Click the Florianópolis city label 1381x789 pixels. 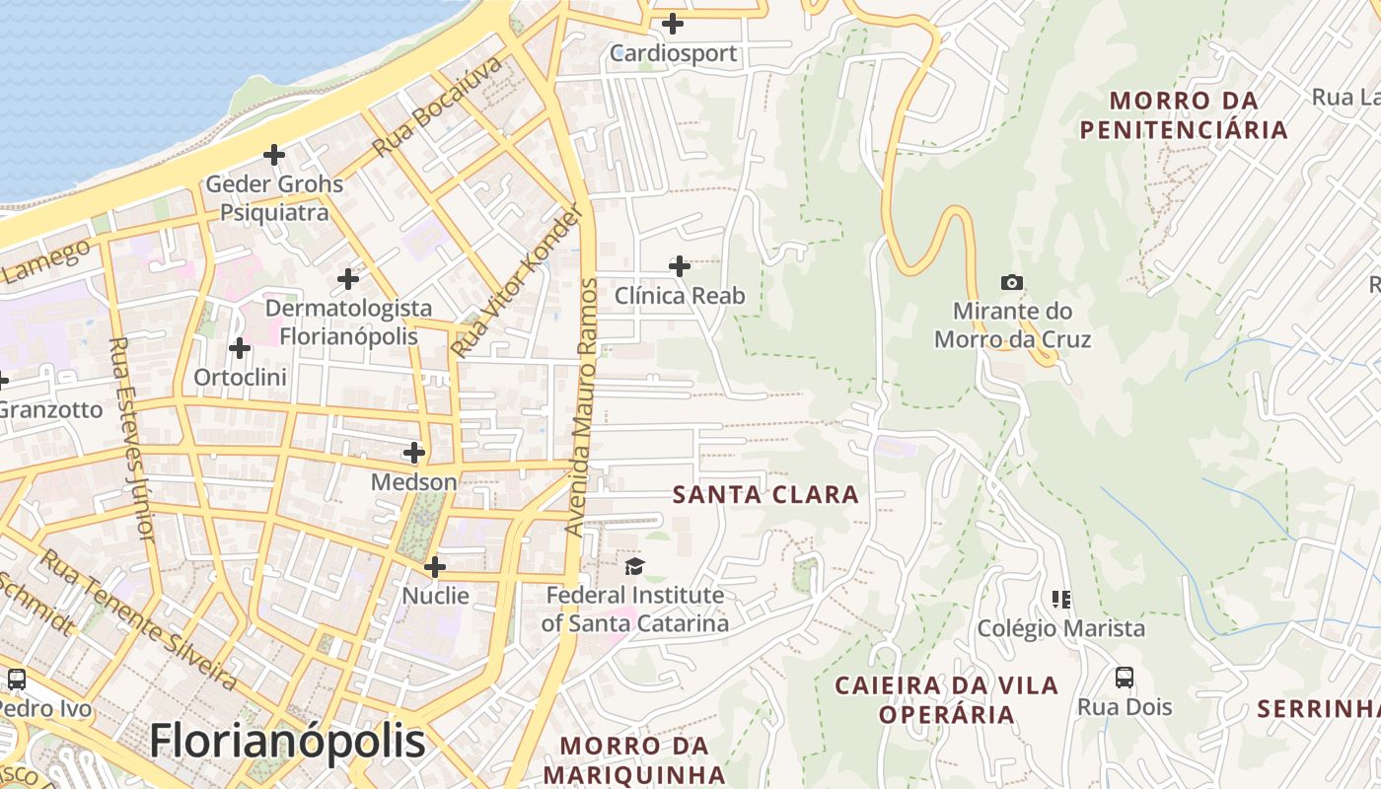287,742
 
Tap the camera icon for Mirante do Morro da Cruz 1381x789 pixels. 1011,283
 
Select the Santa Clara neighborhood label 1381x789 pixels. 765,495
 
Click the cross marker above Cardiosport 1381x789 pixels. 673,24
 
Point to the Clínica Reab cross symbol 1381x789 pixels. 680,266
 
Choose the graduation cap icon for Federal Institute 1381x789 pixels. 633,566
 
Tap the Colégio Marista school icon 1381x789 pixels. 1061,599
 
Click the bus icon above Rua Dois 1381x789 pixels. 1125,678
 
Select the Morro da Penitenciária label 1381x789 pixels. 1184,114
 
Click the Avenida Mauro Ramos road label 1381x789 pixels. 582,407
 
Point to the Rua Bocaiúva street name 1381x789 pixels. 438,107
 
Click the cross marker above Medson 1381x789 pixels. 414,453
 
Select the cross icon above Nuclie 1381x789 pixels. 435,567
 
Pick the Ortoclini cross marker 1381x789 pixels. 240,348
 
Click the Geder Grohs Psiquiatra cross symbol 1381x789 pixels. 274,155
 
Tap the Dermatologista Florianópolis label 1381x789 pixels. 348,323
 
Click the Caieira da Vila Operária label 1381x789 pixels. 946,699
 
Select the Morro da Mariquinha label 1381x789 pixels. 634,759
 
